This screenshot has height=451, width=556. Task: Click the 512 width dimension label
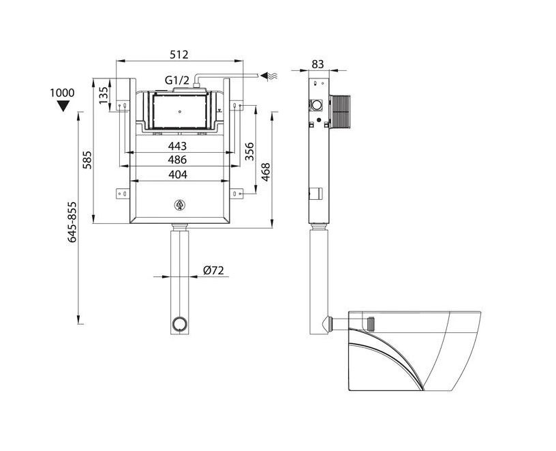coord(179,55)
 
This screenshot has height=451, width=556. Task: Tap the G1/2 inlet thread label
coord(177,81)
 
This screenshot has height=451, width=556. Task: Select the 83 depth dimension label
coord(318,64)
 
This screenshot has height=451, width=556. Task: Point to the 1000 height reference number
coord(63,93)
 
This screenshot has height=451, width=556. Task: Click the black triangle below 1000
coord(63,106)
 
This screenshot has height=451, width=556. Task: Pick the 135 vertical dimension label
coord(104,95)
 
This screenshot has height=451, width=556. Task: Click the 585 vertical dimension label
coord(87,160)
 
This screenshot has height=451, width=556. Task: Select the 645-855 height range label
coord(72,222)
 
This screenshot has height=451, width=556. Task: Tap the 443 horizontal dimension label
coord(177,146)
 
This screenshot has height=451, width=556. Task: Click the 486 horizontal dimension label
coord(177,160)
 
